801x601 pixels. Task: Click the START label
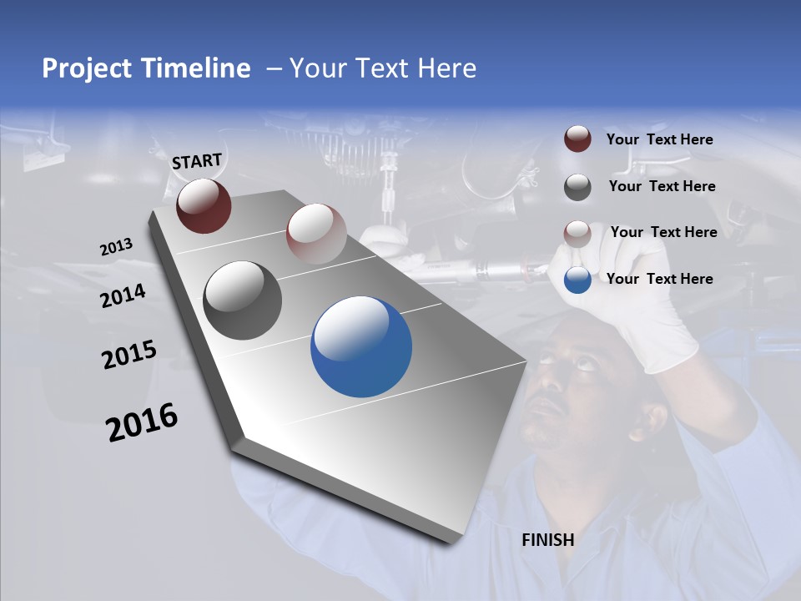pos(197,160)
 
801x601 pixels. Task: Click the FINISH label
pos(547,540)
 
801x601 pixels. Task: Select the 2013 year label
pos(116,247)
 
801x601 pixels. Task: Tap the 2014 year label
pos(123,296)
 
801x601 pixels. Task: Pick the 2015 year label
pos(128,356)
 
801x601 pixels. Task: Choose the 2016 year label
pos(142,422)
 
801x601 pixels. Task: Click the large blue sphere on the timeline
pos(361,346)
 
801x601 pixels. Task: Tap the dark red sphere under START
pos(204,205)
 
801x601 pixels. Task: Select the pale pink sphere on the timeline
pos(316,234)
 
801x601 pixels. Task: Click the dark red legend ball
pos(577,139)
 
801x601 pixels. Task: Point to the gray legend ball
pos(577,187)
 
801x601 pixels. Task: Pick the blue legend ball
pos(577,280)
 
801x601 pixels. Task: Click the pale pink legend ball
pos(577,234)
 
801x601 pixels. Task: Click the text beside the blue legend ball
pos(659,279)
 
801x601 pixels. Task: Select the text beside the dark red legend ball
pos(659,139)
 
